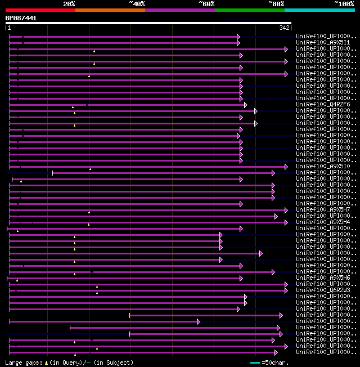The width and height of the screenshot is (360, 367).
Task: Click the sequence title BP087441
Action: (21, 18)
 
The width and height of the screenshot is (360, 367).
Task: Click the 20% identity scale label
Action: (69, 4)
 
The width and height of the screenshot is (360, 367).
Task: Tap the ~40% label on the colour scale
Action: (137, 4)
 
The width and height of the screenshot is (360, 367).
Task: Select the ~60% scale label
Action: (206, 4)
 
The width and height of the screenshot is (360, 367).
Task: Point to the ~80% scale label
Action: (276, 4)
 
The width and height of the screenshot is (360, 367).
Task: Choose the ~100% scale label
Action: (344, 4)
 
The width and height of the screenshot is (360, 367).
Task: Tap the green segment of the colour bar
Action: (249, 10)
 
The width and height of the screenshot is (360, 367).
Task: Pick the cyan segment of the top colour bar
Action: (319, 10)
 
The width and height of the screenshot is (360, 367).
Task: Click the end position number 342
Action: (283, 28)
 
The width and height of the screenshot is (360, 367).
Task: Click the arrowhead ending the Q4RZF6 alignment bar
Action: (246, 105)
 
